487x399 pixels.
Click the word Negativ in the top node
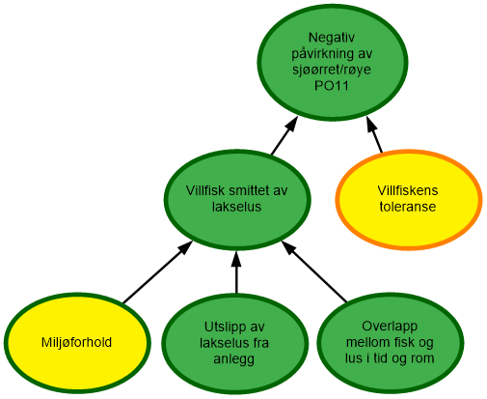tap(329, 37)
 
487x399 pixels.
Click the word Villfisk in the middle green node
tap(208, 189)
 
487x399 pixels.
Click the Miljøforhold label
tap(76, 343)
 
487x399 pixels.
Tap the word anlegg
tap(235, 359)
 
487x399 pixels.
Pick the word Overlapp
tap(389, 327)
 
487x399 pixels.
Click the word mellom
tap(367, 343)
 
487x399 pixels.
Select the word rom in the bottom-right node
tap(422, 359)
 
